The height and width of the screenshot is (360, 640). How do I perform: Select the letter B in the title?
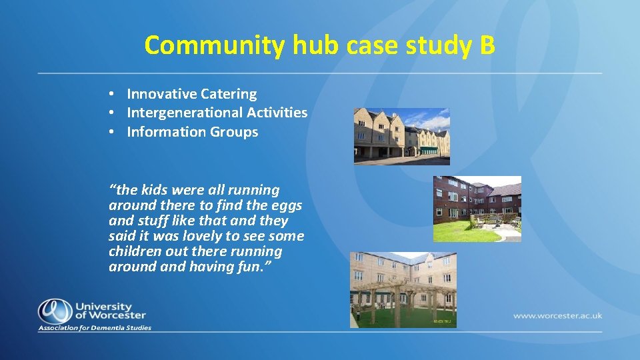point(487,45)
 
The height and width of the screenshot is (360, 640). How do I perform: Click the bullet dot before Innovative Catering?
point(115,95)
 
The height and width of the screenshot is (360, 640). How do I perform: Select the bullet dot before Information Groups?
point(115,132)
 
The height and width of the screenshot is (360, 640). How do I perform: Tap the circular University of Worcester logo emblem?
point(54,310)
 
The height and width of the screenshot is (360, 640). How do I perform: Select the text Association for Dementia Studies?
point(95,328)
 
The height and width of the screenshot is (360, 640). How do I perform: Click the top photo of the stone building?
point(401,136)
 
